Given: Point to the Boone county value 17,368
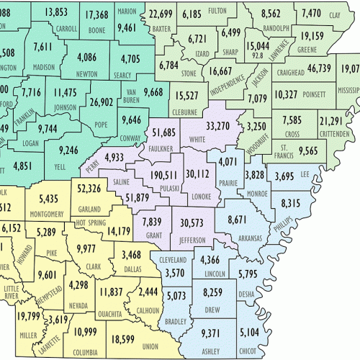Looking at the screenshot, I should pos(96,15).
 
